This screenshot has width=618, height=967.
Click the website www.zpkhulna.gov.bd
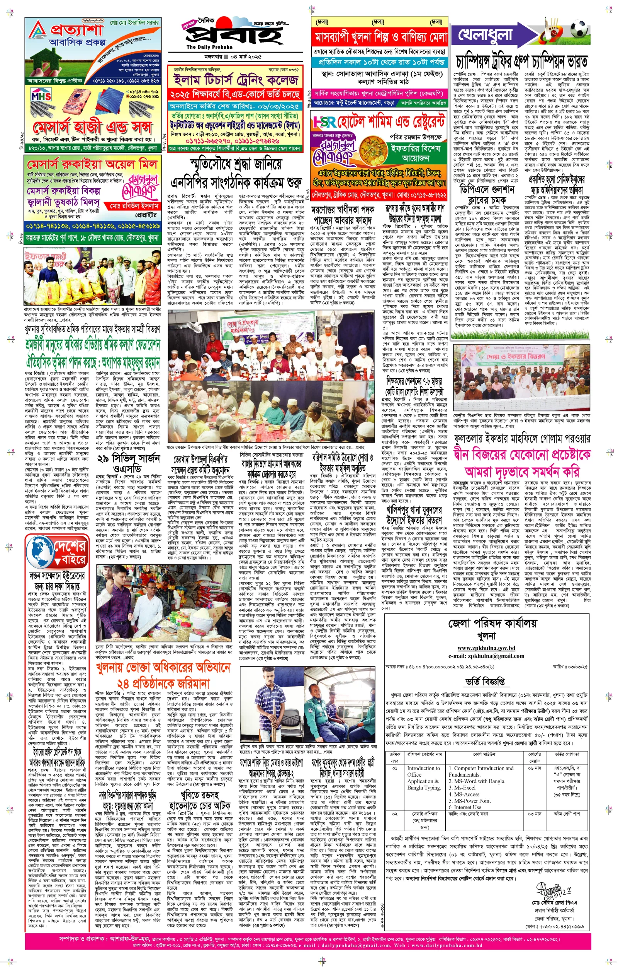point(486,648)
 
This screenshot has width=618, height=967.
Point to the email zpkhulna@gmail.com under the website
point(486,656)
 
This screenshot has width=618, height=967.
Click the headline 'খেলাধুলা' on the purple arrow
point(486,35)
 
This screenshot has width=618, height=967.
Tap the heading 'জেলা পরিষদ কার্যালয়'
point(486,624)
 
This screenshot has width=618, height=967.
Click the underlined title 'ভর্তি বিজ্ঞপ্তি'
point(485,682)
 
